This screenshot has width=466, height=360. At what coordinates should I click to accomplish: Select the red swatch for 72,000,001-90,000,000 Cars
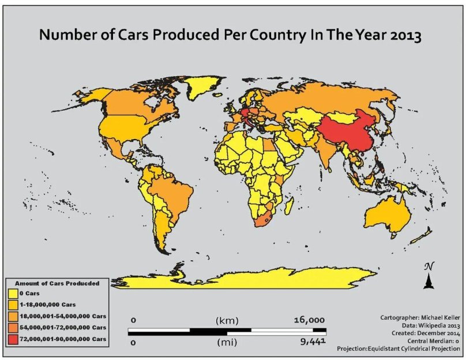pyautogui.click(x=13, y=338)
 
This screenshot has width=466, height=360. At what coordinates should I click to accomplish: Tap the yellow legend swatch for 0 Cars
pyautogui.click(x=13, y=294)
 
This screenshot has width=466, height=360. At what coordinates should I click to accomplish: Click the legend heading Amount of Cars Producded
pyautogui.click(x=57, y=283)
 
